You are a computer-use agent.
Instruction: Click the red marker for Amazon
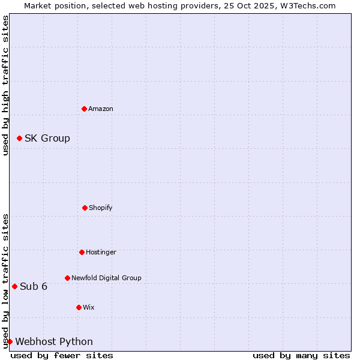tap(84, 109)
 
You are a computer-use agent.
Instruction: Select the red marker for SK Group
tap(19, 138)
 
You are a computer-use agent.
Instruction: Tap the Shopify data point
tap(85, 208)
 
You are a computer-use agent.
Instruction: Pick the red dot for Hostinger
tap(82, 252)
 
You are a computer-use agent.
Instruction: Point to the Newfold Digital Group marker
tap(67, 278)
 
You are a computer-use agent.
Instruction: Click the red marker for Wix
tap(79, 307)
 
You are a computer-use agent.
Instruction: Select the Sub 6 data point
tap(14, 286)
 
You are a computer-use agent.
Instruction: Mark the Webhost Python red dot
tap(10, 341)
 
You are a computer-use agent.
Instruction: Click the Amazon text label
tap(101, 109)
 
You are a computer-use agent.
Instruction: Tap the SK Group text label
tap(47, 138)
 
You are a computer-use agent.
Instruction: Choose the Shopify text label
tap(101, 208)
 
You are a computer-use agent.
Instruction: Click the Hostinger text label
tap(101, 252)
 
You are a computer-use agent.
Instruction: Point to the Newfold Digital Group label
tap(106, 278)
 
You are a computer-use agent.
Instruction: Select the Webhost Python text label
tap(54, 341)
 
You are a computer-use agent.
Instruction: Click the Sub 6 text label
tap(34, 286)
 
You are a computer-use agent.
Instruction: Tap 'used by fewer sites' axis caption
tap(62, 355)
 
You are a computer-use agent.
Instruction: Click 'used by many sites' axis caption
tap(301, 355)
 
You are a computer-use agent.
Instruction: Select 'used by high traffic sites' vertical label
tap(5, 85)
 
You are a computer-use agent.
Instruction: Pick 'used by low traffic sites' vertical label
tap(5, 281)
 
